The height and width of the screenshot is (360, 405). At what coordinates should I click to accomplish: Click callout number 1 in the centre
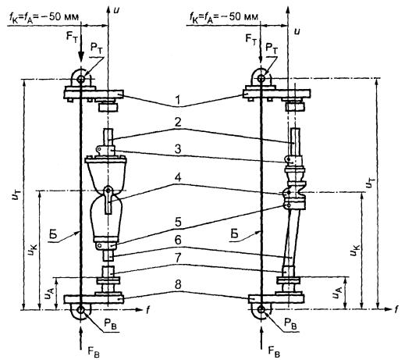click(x=178, y=100)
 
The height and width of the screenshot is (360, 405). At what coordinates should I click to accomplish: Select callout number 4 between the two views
click(x=178, y=178)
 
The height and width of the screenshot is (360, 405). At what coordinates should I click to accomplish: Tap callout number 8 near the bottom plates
click(x=178, y=284)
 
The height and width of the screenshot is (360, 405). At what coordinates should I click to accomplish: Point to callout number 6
click(x=178, y=240)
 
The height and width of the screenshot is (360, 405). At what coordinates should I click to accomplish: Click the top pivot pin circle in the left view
click(x=81, y=79)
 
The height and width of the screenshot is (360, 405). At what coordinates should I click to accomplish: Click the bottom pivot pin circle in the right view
click(x=261, y=309)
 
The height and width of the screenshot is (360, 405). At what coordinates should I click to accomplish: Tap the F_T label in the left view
click(x=72, y=37)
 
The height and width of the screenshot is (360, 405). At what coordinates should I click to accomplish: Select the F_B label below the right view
click(x=274, y=351)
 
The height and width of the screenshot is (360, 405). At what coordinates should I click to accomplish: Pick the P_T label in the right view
click(x=272, y=49)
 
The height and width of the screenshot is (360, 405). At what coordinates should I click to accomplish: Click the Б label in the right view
click(x=234, y=234)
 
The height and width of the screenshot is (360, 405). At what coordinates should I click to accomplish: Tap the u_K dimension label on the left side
click(x=33, y=249)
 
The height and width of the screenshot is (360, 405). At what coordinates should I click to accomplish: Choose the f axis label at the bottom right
click(x=396, y=309)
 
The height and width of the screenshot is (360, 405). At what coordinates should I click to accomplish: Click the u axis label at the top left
click(x=116, y=11)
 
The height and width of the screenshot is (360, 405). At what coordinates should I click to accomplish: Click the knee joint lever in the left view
click(x=108, y=200)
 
